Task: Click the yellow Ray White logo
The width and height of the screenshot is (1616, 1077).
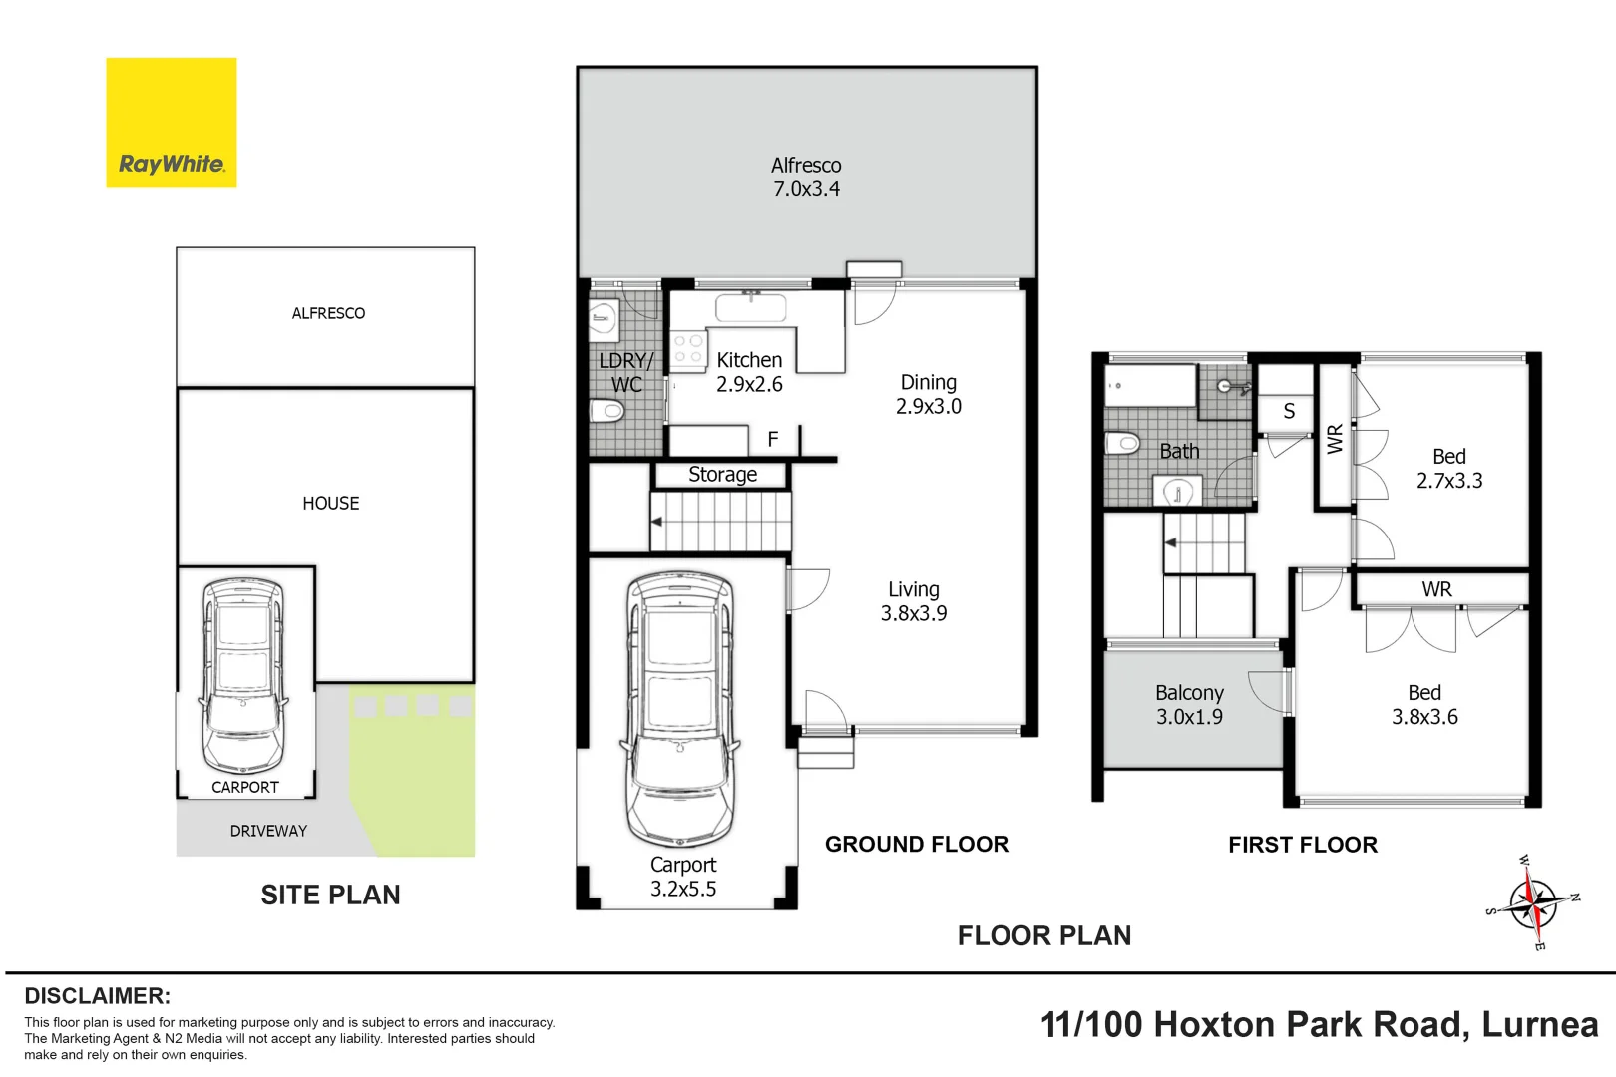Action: (171, 123)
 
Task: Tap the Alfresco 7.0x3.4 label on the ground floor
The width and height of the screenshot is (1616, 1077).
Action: (806, 177)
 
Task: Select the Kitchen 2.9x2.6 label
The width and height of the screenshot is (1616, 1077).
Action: (749, 372)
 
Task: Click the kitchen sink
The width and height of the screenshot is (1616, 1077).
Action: (750, 307)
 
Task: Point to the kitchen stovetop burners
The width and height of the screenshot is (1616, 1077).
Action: (688, 350)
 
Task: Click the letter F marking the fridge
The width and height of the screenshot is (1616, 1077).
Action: (773, 439)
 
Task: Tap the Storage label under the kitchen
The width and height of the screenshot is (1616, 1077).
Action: (722, 474)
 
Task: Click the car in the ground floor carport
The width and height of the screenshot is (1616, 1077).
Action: (680, 709)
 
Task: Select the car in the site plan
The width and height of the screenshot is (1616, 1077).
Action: (243, 675)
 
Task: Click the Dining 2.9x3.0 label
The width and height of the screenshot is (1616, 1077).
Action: (929, 394)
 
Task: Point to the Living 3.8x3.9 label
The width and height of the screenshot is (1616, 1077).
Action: (914, 601)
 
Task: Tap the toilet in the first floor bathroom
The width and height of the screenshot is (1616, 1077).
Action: (1122, 442)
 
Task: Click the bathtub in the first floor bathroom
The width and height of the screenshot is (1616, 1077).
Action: (1150, 385)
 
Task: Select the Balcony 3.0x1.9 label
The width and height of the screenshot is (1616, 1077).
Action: (1189, 705)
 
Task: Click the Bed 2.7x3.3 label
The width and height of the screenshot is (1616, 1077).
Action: (1448, 468)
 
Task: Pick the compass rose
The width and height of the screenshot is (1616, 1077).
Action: (1532, 902)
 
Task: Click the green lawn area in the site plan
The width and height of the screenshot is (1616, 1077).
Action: (413, 771)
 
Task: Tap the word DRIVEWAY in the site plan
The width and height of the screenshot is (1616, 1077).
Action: (268, 831)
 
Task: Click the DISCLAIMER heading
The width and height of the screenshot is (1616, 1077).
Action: (98, 996)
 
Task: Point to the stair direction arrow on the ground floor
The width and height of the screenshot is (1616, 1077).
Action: (656, 521)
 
